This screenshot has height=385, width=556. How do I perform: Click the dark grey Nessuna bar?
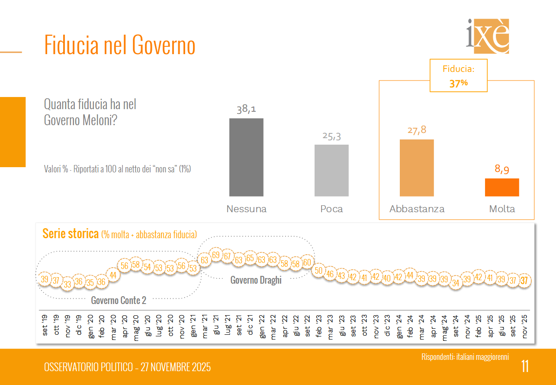tap(246, 157)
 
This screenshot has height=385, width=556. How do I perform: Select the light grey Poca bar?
tap(331, 170)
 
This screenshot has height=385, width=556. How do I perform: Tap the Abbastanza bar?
tap(417, 168)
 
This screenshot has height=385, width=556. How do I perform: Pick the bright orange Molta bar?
tap(502, 188)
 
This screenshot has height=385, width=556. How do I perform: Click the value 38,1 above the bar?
tap(246, 109)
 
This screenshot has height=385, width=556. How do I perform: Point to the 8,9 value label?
tap(502, 170)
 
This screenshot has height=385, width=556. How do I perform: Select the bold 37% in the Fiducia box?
tap(458, 84)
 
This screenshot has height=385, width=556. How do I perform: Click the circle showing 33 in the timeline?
tap(67, 285)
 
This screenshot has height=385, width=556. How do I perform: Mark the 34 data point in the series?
tap(456, 283)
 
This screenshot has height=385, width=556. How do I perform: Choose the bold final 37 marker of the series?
tap(524, 281)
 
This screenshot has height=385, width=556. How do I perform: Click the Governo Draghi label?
tap(256, 280)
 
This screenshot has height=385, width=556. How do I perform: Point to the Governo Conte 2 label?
tap(119, 300)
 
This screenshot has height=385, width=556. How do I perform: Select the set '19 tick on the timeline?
tap(45, 325)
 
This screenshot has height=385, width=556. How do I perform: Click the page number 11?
tap(525, 366)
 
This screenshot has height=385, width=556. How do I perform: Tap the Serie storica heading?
tap(71, 234)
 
